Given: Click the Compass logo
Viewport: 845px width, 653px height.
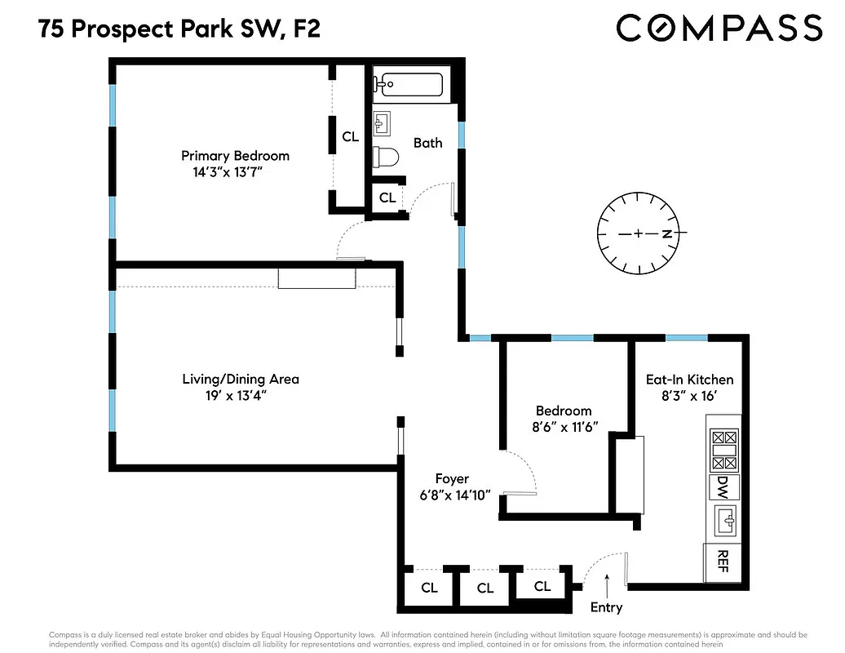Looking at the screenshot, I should [x=719, y=28].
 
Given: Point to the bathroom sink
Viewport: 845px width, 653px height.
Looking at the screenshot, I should [x=382, y=123].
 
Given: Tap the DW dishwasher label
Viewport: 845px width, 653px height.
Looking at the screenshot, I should [x=723, y=487].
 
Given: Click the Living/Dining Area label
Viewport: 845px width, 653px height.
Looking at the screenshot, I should [x=240, y=379].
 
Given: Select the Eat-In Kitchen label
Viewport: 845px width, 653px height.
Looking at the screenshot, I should [x=689, y=380].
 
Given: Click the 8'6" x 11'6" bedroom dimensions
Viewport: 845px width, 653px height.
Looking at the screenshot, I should [x=564, y=426].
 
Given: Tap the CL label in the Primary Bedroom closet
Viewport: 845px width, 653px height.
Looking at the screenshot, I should [x=350, y=137].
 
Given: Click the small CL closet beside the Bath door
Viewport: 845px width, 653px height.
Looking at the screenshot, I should [x=387, y=198].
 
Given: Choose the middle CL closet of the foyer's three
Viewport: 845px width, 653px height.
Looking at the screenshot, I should [x=485, y=588].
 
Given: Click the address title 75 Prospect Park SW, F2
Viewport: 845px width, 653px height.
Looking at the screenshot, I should [x=179, y=31].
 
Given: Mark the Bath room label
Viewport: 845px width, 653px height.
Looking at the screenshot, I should [x=427, y=143].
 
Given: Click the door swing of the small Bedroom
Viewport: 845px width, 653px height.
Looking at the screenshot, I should [x=522, y=473].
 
